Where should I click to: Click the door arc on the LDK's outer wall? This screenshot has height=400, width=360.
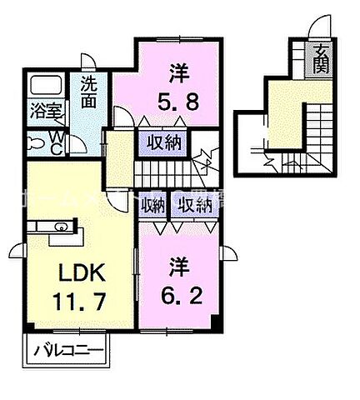click(17, 249)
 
